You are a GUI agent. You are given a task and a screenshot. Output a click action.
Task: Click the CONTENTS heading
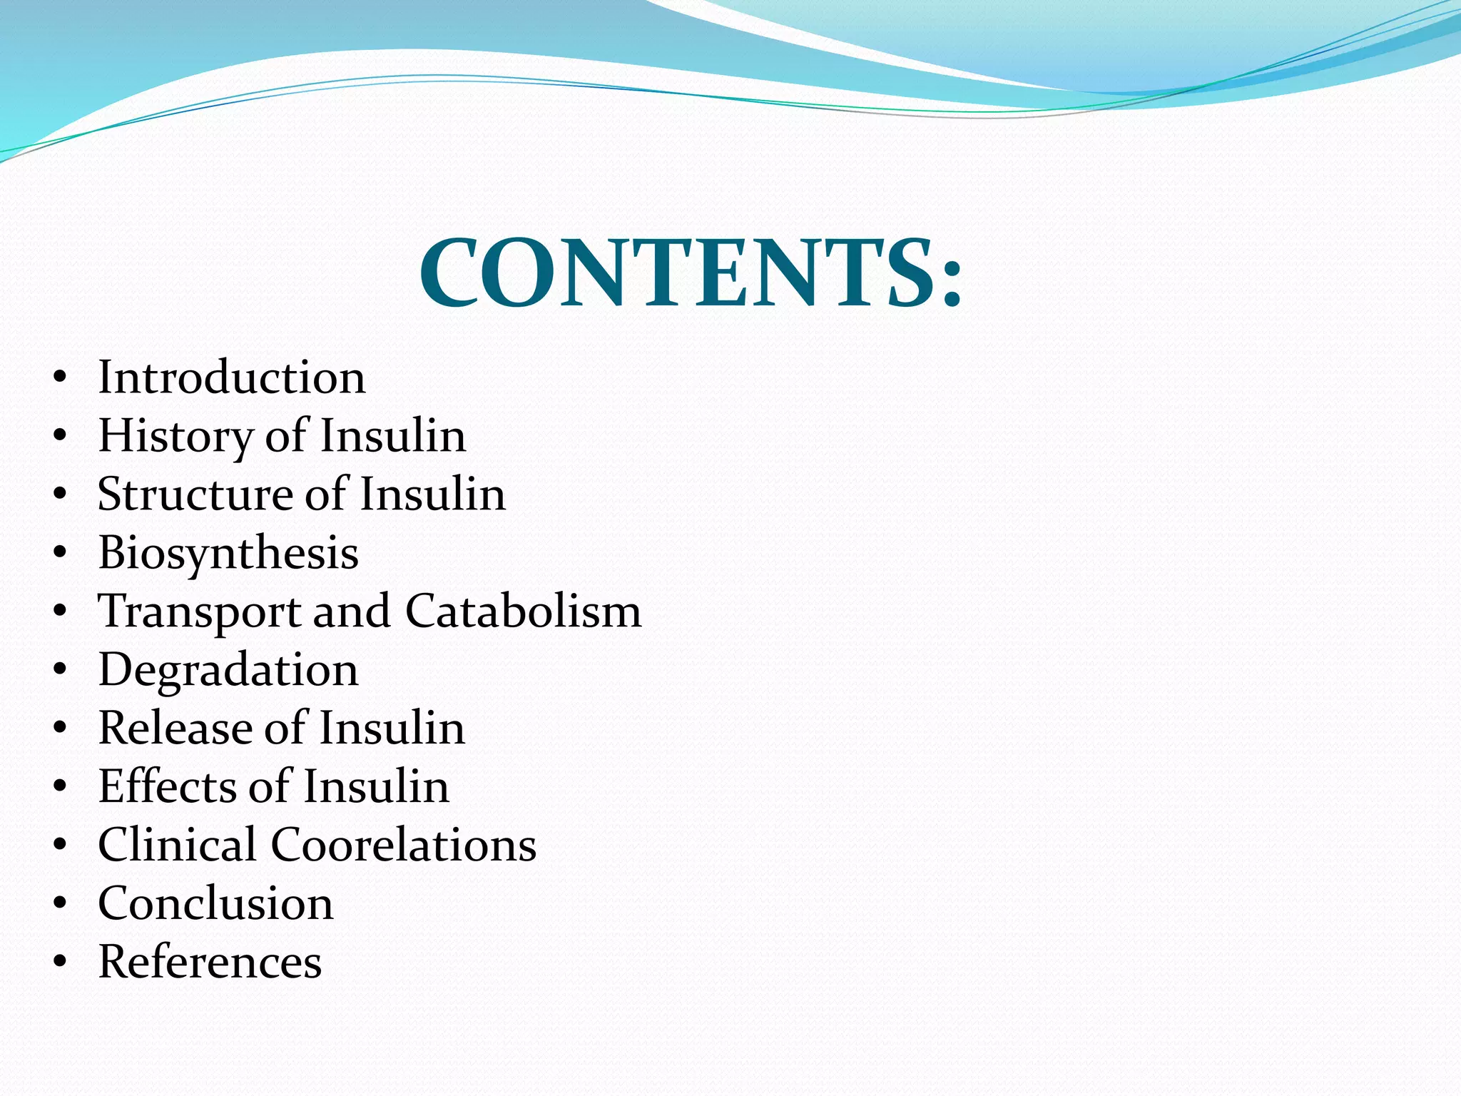click(x=690, y=275)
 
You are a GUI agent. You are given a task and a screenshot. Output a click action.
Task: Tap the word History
click(x=174, y=437)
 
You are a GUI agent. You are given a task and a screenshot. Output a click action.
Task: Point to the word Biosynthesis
click(x=228, y=554)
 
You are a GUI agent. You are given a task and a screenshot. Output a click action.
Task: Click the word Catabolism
click(x=524, y=611)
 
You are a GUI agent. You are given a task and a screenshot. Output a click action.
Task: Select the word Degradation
click(x=228, y=671)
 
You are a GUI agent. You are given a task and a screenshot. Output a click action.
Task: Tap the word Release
click(x=174, y=728)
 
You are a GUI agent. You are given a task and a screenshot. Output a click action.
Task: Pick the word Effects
click(x=166, y=786)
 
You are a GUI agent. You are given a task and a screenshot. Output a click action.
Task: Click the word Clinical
click(x=177, y=845)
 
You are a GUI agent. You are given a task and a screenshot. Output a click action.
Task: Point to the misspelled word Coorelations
click(x=403, y=845)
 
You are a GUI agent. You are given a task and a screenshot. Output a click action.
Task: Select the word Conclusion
click(x=215, y=903)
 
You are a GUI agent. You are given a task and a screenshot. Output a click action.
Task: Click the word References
click(x=210, y=962)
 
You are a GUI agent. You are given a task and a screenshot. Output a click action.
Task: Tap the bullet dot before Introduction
click(x=60, y=378)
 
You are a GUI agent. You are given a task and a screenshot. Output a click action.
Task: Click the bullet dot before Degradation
click(x=60, y=671)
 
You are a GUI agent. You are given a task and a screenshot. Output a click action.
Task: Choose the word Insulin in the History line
click(x=392, y=435)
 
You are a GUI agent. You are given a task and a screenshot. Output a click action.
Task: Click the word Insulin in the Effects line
click(x=377, y=786)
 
